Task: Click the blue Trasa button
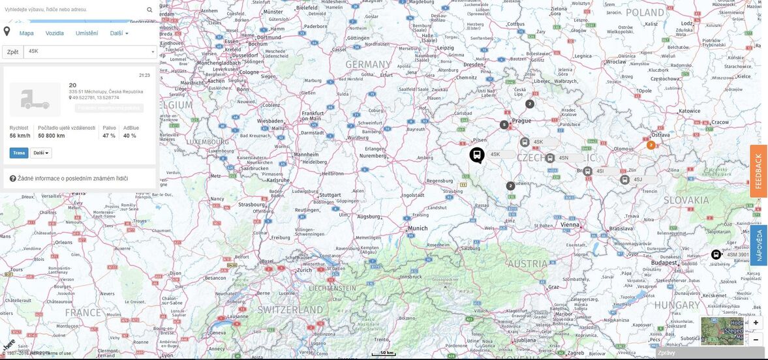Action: (19, 153)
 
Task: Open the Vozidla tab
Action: (55, 33)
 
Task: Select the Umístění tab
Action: (87, 33)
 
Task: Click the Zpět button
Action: (12, 52)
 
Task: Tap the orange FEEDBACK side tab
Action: (758, 171)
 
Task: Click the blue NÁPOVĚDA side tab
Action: (758, 245)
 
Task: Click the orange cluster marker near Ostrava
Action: (651, 145)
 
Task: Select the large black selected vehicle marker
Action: (477, 155)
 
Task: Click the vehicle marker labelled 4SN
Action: (550, 158)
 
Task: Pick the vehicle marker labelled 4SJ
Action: (624, 179)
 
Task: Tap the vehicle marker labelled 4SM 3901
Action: (716, 254)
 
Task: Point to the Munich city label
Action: (417, 228)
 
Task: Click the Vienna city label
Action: (570, 224)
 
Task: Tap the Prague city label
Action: (521, 121)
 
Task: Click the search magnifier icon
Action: (149, 10)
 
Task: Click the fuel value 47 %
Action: (109, 136)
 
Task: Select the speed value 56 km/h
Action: (20, 136)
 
